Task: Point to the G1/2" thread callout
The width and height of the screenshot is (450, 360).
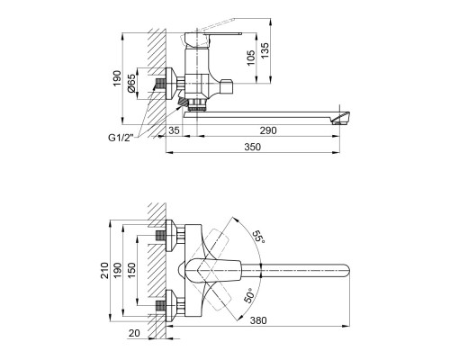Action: (116, 137)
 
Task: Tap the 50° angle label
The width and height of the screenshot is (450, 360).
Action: (248, 294)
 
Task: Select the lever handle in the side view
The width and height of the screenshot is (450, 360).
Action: (216, 36)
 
